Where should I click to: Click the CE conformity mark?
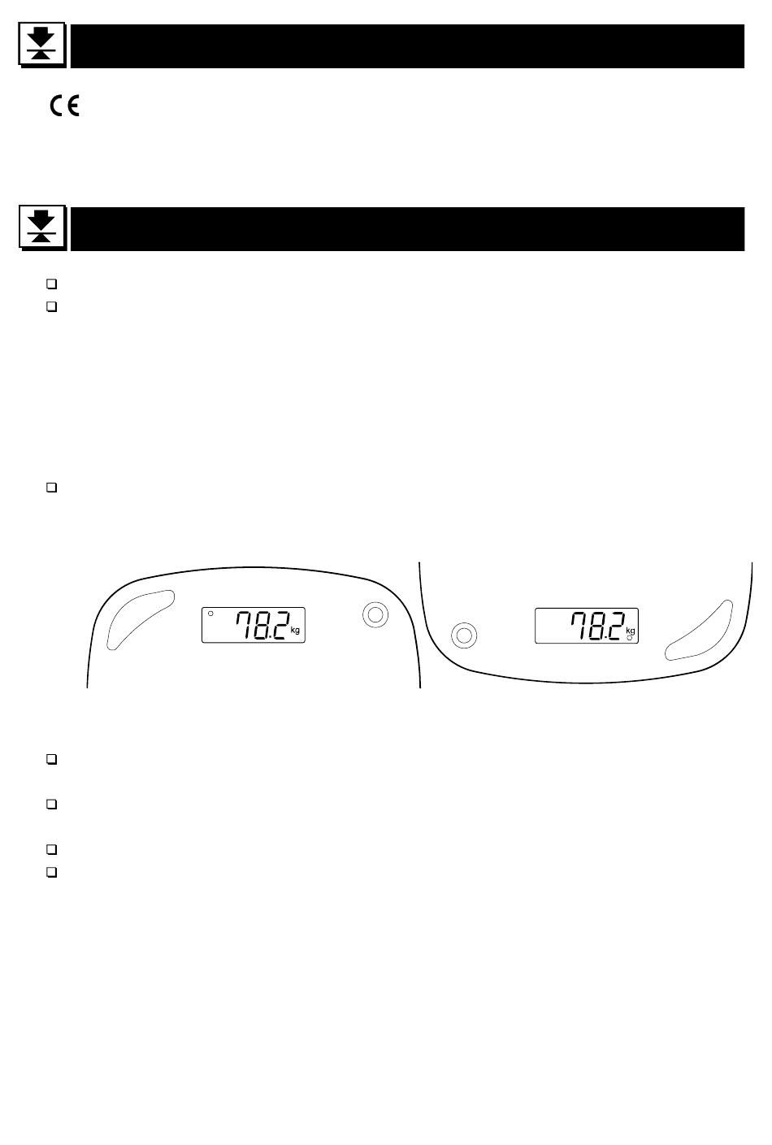[64, 106]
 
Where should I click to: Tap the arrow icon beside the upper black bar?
[42, 45]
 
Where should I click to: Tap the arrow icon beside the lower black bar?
[42, 228]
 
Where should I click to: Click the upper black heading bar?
[407, 46]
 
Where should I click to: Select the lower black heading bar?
[407, 229]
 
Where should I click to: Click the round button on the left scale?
[375, 615]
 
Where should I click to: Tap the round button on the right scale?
[464, 635]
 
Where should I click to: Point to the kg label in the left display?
[295, 631]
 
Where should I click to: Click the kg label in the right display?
[630, 631]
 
